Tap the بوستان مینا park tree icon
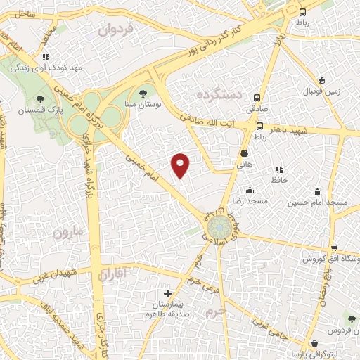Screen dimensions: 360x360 click(144, 91)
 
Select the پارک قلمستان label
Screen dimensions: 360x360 click(40, 111)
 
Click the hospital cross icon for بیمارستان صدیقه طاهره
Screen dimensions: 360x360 click(167, 293)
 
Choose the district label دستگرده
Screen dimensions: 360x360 click(219, 94)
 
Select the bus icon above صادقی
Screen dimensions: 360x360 click(259, 99)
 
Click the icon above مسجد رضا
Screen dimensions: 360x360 click(250, 191)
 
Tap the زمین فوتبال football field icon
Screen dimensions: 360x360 click(321, 80)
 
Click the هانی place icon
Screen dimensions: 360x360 click(244, 153)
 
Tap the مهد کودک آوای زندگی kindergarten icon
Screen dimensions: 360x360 click(46, 57)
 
